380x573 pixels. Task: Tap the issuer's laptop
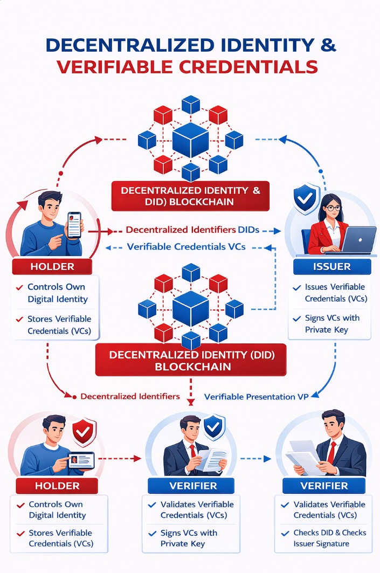358,240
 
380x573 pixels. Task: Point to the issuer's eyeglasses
333,208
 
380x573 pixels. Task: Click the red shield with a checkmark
84,431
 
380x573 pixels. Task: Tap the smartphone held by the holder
74,224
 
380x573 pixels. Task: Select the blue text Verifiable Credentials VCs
186,247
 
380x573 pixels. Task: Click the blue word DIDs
248,230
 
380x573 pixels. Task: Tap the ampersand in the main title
327,45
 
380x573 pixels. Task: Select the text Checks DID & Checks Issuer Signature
329,538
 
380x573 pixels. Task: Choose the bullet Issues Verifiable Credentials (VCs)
334,293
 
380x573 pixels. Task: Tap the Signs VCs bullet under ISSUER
332,324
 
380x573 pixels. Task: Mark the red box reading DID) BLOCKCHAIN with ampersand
190,196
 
